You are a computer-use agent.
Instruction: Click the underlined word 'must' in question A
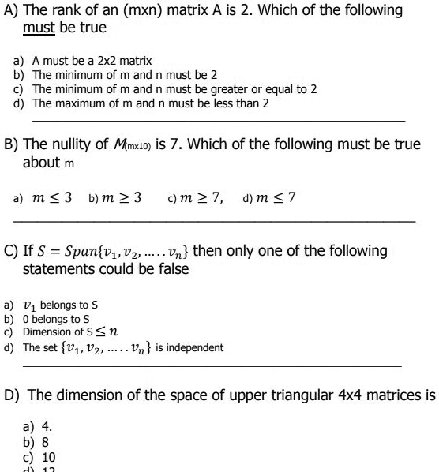(x=39, y=28)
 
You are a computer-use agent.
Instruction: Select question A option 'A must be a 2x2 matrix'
(x=92, y=61)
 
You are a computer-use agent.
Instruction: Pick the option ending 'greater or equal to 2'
(x=174, y=89)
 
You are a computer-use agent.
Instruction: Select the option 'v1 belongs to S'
(x=63, y=305)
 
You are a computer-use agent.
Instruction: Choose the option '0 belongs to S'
(x=59, y=319)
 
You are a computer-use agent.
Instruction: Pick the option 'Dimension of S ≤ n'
(x=75, y=332)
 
